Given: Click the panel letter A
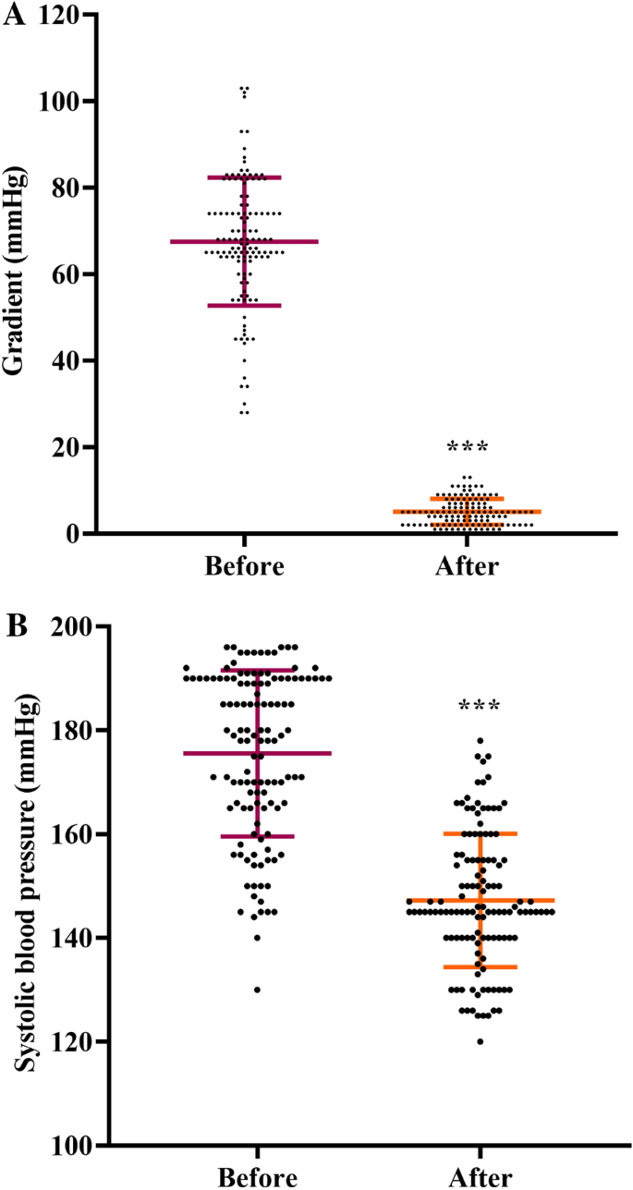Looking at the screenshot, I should [13, 16].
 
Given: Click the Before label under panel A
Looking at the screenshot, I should [245, 566].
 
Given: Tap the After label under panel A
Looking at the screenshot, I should [467, 566].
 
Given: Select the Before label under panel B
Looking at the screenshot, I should [258, 1177].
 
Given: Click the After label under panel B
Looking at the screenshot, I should [480, 1177].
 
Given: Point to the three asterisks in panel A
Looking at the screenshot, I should [467, 449].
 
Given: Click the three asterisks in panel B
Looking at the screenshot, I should [480, 708].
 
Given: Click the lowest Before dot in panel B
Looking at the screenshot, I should [257, 990].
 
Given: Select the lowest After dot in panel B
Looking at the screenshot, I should [480, 1041].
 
